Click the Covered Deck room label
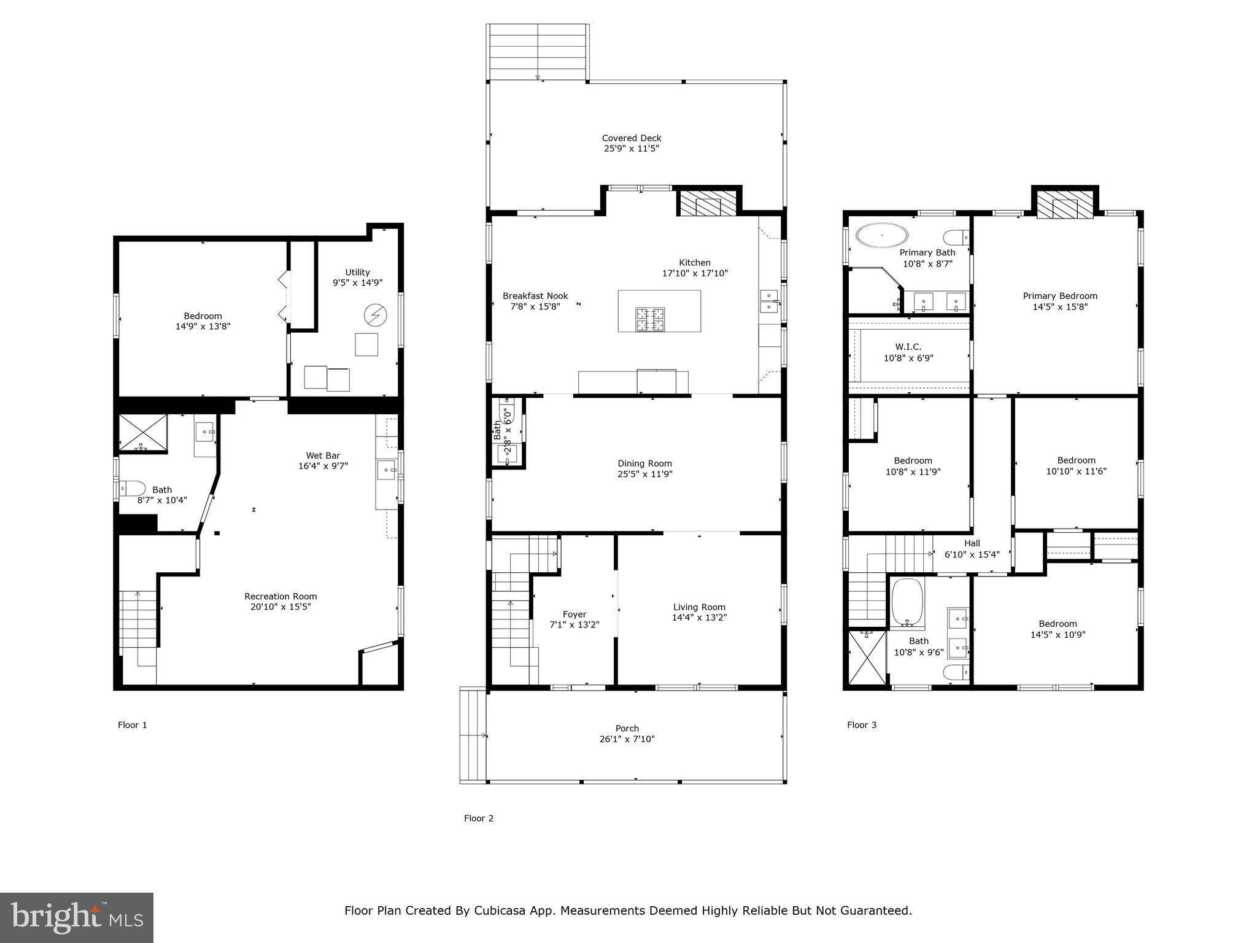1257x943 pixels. point(631,138)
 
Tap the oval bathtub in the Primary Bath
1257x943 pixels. point(882,235)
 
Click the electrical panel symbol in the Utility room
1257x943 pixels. point(374,315)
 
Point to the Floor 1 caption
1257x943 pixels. point(133,725)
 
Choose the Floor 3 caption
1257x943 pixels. point(862,725)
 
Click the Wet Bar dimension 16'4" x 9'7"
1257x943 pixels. point(323,466)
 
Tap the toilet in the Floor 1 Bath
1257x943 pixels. point(131,489)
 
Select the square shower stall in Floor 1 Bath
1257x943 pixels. point(142,433)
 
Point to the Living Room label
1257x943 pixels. point(699,607)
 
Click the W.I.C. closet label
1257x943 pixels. point(908,347)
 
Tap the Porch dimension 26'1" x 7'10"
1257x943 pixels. point(627,739)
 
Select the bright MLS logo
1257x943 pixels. point(77,918)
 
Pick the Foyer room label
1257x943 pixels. point(574,614)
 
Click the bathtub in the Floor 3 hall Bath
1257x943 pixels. point(908,603)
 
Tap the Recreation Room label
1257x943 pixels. point(280,596)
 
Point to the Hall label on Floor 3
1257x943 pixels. point(972,543)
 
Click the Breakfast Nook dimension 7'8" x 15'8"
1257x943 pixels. point(535,306)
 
